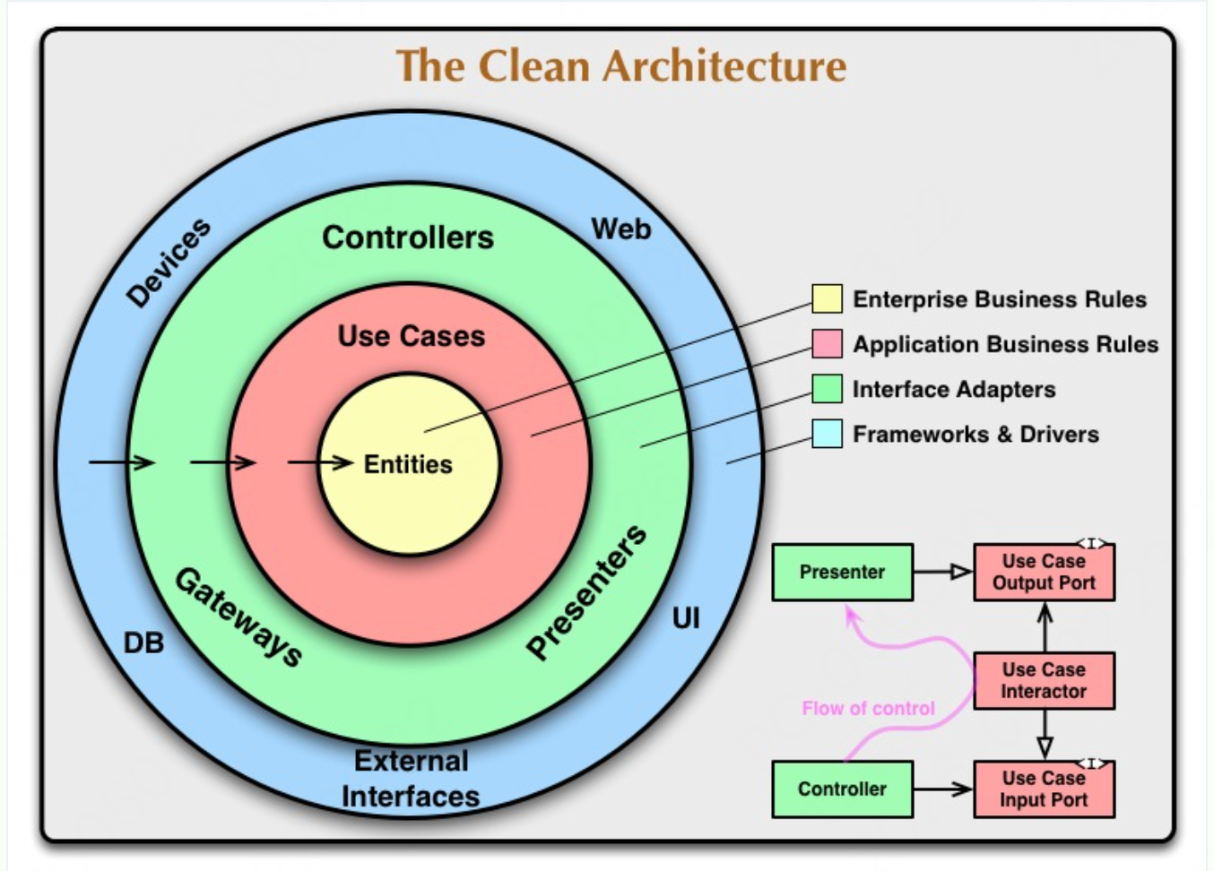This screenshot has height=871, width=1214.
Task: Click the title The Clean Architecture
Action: point(620,66)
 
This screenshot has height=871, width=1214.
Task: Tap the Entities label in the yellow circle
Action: point(408,464)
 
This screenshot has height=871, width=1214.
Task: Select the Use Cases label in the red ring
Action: point(411,336)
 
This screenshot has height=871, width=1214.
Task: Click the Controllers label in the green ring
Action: point(408,237)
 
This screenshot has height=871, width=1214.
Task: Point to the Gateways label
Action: point(238,617)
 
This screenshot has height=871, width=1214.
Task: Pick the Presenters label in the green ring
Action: point(586,592)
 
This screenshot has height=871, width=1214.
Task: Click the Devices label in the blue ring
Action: point(168,262)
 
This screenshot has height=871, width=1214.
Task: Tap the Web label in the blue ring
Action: point(620,229)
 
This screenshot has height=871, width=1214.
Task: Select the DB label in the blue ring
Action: point(143,642)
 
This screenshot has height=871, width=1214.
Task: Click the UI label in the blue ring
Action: point(686,618)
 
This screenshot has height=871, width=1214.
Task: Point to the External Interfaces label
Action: point(411,779)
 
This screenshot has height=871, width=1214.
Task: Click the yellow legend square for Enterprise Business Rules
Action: point(826,298)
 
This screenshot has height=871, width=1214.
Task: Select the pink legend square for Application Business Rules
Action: point(826,343)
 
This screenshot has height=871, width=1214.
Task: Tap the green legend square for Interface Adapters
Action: point(826,389)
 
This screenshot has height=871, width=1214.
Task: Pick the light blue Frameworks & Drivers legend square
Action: point(826,434)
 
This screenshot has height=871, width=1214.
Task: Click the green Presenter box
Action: point(842,572)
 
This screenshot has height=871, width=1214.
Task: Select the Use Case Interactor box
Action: point(1044,681)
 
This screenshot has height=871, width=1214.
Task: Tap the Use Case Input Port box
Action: point(1044,789)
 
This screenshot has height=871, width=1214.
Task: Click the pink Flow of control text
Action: point(868,708)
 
